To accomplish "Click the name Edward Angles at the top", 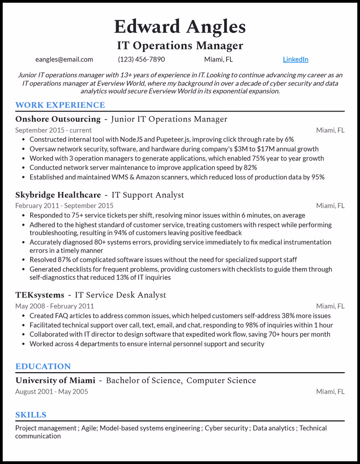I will coord(180,27).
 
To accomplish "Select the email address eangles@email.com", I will coord(64,59).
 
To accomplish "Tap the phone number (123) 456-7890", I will coord(141,59).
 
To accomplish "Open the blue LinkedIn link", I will coord(296,59).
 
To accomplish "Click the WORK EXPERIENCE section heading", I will coord(60,105).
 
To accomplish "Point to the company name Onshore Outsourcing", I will coord(58,119).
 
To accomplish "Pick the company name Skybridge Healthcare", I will coord(58,195).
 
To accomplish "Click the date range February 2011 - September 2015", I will coord(64,206).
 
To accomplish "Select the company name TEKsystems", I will coord(39,295).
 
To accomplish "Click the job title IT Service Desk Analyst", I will coord(120,295).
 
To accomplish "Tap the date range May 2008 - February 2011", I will coord(54,306).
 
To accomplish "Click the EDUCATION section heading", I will coord(43,366).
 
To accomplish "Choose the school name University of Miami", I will coord(55,380).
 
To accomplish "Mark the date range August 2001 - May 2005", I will coord(52,392).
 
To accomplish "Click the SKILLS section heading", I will coord(31,415).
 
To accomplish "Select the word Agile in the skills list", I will coord(89,428).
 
